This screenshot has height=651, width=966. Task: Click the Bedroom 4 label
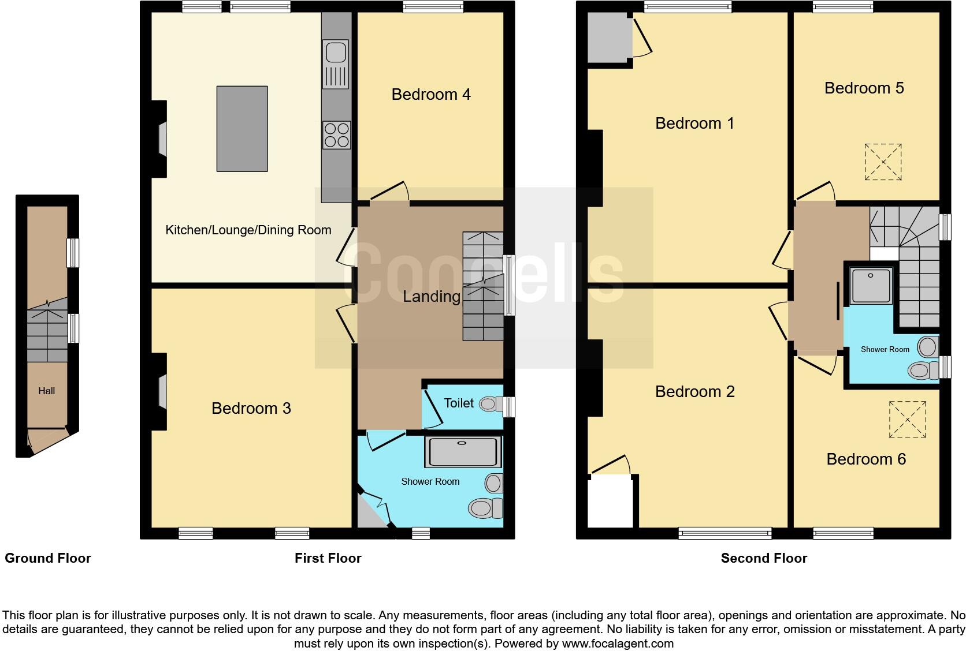click(430, 94)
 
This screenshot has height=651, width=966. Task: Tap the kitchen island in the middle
click(242, 129)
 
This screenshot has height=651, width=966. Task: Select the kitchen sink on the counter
click(336, 53)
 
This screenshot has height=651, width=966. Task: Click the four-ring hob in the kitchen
click(336, 134)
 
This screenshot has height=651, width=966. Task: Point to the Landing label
click(431, 297)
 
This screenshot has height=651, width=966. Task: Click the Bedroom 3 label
click(251, 409)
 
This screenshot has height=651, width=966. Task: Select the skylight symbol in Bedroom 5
click(883, 162)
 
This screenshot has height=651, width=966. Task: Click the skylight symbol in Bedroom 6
click(907, 419)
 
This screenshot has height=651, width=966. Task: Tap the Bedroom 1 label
click(694, 123)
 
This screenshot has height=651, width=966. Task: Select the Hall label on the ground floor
click(47, 391)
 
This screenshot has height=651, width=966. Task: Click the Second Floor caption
click(764, 558)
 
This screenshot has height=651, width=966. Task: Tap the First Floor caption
click(328, 558)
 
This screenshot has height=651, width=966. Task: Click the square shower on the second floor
click(872, 285)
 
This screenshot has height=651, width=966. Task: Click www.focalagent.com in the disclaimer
click(617, 643)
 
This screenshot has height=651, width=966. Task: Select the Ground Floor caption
click(48, 558)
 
